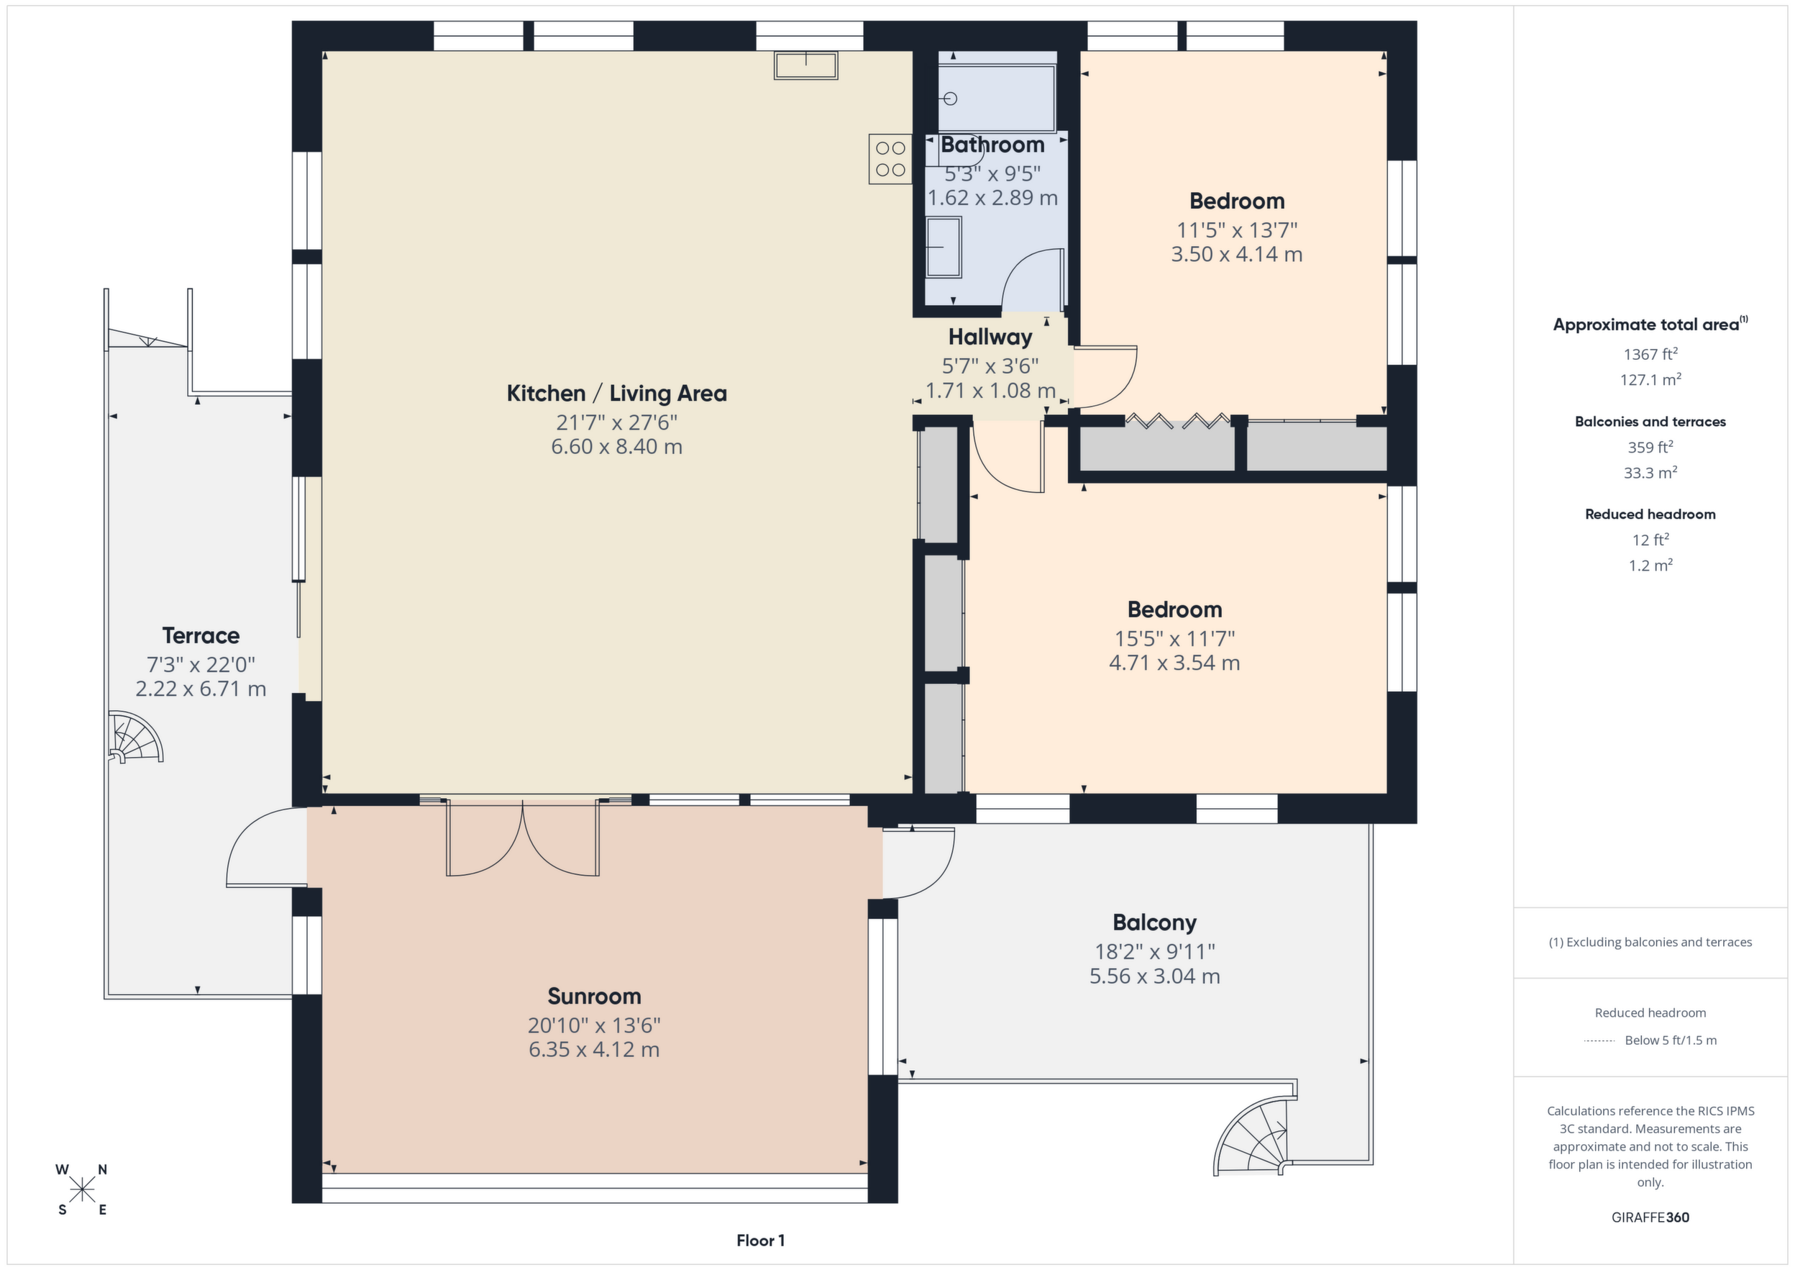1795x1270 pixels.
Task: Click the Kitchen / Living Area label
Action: tap(617, 394)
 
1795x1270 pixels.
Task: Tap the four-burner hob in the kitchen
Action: tap(890, 159)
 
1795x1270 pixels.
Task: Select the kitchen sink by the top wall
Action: tap(806, 65)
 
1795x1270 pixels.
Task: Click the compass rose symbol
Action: tap(81, 1189)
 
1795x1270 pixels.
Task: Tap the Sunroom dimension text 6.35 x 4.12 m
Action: tap(594, 1050)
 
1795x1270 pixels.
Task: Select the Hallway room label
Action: tap(990, 337)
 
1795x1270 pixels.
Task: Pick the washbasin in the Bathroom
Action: tap(944, 247)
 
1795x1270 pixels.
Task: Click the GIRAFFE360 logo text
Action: tap(1650, 1217)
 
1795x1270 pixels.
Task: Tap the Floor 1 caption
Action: tap(761, 1240)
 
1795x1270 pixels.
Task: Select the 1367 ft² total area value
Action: tap(1650, 354)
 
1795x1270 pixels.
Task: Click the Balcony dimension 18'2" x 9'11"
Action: tap(1155, 952)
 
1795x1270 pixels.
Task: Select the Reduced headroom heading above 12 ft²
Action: tap(1650, 514)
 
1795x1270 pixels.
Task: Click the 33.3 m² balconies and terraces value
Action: tap(1650, 472)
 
